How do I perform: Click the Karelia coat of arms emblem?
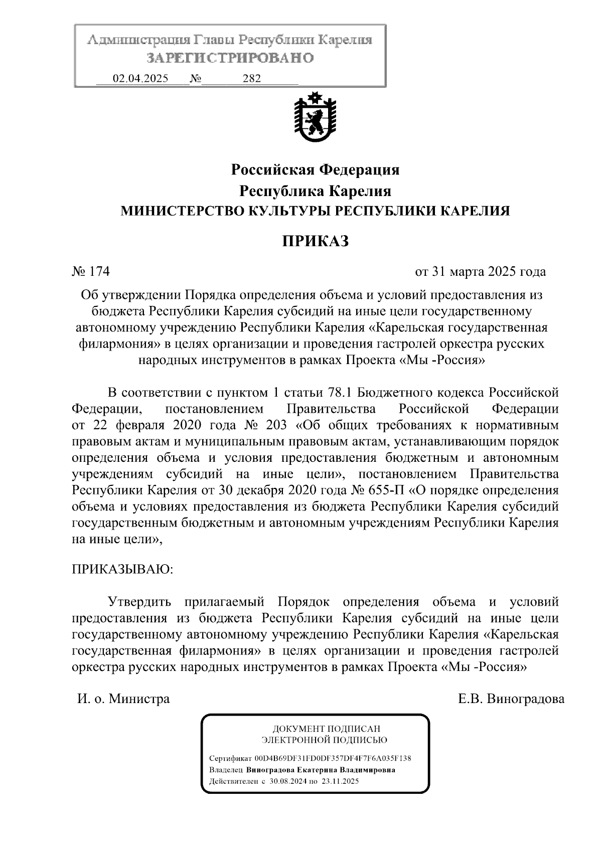(315, 116)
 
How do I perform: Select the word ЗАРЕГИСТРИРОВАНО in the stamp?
(230, 58)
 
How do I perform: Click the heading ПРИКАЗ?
(315, 241)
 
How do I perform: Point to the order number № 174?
(91, 272)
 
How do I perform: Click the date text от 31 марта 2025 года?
(480, 272)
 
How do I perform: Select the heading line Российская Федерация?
(315, 170)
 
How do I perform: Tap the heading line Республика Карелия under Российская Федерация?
(315, 191)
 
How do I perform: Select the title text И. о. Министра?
(123, 699)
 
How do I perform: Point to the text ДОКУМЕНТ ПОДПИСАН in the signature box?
(326, 729)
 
